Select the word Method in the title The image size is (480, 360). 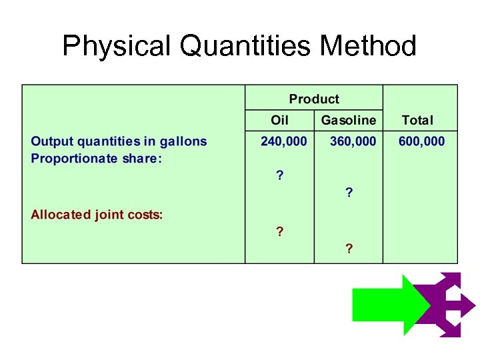tap(368, 47)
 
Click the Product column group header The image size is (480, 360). tap(314, 99)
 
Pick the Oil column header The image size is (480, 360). tap(280, 121)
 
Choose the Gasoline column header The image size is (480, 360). tap(349, 121)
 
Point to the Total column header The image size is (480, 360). tap(417, 121)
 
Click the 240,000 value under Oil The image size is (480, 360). tap(283, 141)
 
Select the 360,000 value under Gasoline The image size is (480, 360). tap(353, 141)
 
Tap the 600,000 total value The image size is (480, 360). tap(421, 141)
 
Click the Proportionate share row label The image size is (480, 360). tap(97, 159)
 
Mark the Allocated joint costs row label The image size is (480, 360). tap(97, 215)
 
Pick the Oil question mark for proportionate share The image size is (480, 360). tap(280, 175)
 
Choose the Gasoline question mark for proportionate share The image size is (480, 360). tap(349, 193)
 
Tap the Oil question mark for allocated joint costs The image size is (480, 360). tap(280, 232)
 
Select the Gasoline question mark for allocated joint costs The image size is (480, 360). tap(349, 249)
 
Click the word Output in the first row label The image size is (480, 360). tap(51, 141)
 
